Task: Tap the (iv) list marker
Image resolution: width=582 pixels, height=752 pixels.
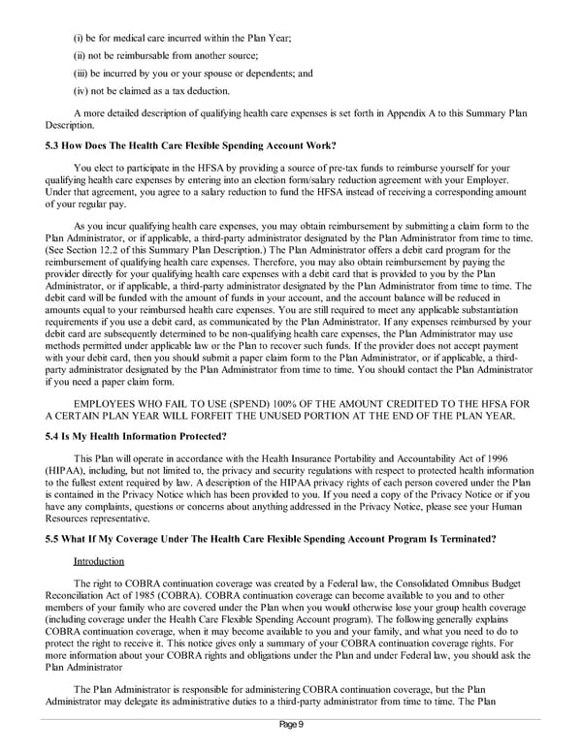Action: (81, 91)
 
